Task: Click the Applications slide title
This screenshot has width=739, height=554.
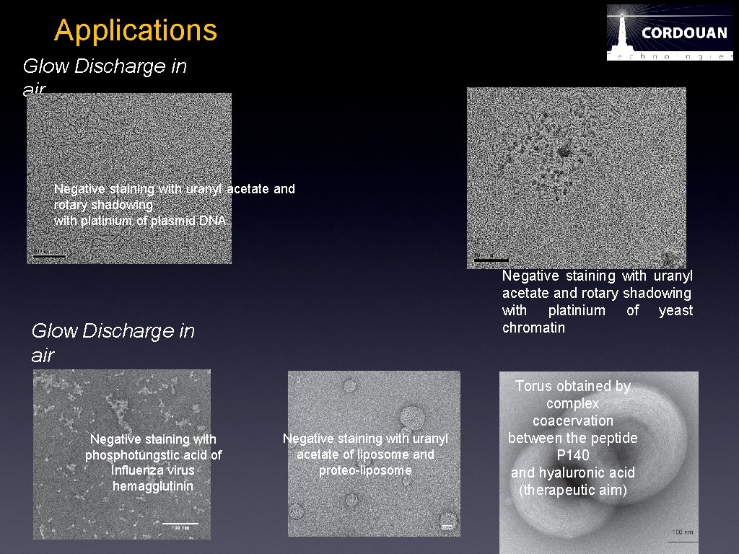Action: (135, 30)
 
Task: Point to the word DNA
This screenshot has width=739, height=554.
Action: (213, 221)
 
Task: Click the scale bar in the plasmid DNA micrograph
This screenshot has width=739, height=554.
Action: (49, 255)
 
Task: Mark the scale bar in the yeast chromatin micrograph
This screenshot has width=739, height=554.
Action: (491, 259)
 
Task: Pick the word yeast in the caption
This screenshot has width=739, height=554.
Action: (675, 310)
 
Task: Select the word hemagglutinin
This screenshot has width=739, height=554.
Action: (153, 486)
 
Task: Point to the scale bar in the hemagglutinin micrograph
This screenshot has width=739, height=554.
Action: (180, 523)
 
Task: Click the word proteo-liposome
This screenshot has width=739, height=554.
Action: (365, 470)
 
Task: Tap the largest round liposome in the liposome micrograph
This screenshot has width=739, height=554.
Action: (413, 416)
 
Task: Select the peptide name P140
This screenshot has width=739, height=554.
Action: (573, 455)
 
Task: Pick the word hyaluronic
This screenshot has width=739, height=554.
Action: (573, 472)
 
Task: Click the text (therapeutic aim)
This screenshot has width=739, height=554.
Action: (573, 490)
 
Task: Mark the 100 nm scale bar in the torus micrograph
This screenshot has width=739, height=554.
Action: (682, 540)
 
